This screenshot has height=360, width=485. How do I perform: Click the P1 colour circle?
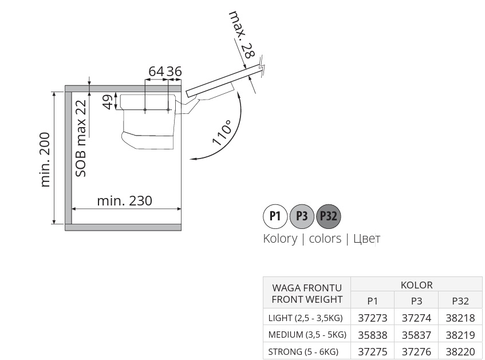pos(275,216)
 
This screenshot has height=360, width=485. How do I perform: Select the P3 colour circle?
pos(302,216)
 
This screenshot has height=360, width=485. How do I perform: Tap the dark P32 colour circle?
pos(329,216)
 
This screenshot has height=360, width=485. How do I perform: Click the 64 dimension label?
pos(156,72)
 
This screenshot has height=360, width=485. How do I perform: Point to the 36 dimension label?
pos(174,72)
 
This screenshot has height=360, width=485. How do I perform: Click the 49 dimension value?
pos(107,102)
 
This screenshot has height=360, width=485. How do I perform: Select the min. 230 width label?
pos(125,201)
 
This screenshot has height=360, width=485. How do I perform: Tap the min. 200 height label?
pos(45,160)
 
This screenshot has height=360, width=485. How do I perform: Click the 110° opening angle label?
pos(222,133)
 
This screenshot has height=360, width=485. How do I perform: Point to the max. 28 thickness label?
pos(242,35)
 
